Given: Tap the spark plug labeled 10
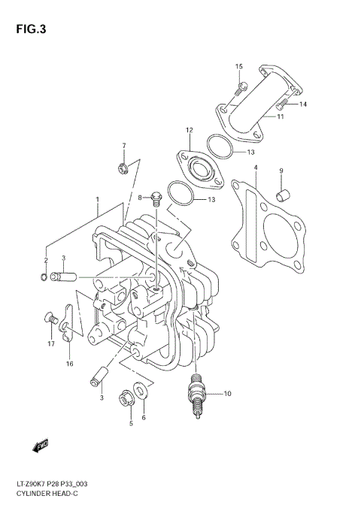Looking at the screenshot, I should coord(199,392).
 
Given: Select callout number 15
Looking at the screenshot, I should coord(239,67).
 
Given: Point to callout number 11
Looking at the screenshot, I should coord(280,116).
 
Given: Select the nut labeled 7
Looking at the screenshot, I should coord(122,169).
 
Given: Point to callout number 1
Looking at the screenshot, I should coord(97,200).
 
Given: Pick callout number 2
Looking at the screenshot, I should coord(45,260).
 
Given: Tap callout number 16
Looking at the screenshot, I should coord(69,364).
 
